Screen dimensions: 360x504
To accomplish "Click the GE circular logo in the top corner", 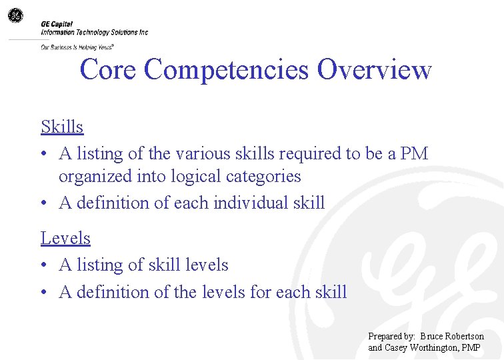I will pos(15,15).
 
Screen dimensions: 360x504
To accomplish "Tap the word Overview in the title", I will pos(375,69).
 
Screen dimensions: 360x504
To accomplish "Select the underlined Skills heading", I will pos(62,127).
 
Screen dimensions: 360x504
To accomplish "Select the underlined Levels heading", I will pos(65,238).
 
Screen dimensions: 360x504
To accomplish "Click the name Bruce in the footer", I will pos(435,337).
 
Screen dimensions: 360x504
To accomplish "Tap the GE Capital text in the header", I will pos(57,24).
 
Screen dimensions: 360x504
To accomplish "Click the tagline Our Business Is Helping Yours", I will pos(77,47).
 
